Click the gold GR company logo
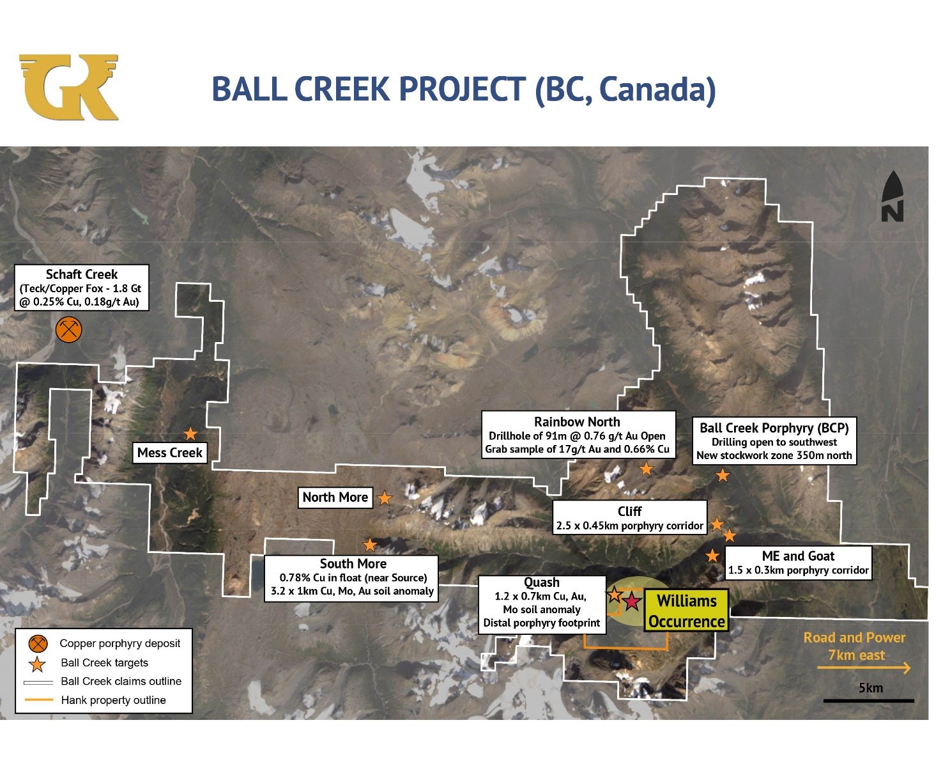(x=69, y=87)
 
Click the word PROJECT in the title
(x=462, y=89)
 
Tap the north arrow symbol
(x=892, y=196)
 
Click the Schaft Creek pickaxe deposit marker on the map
(x=69, y=330)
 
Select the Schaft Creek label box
(x=81, y=287)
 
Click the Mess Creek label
(x=170, y=453)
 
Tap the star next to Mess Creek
(x=190, y=433)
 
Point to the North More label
(x=335, y=497)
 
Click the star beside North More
(x=385, y=498)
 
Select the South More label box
(x=351, y=578)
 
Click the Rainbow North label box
(x=578, y=435)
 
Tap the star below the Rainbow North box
(x=646, y=469)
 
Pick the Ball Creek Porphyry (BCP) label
(x=774, y=441)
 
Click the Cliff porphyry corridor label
(x=629, y=517)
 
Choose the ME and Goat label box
(x=798, y=563)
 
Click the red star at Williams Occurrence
(x=631, y=602)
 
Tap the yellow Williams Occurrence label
(x=686, y=611)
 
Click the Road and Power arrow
(x=864, y=668)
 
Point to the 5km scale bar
(x=869, y=701)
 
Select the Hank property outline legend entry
(x=96, y=700)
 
